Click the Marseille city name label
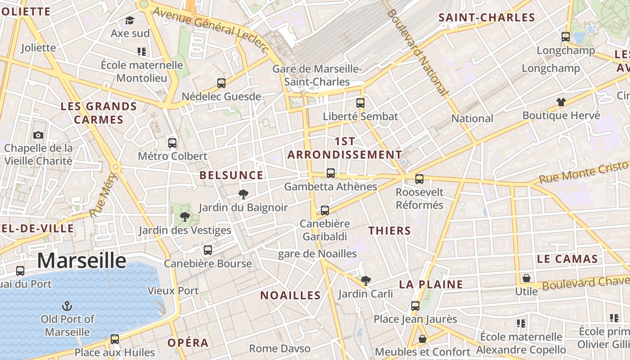[x=81, y=261]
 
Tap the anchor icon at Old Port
[x=67, y=306]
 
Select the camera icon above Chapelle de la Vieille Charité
[x=38, y=135]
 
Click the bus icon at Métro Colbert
[x=172, y=143]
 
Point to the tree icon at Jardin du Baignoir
[x=243, y=194]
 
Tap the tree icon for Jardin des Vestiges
[x=184, y=217]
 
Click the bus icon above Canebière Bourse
[x=207, y=250]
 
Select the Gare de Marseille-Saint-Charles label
[x=317, y=75]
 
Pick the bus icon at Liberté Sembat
[x=360, y=103]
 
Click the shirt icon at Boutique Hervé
[x=561, y=102]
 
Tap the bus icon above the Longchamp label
[x=566, y=37]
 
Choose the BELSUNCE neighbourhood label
[x=231, y=175]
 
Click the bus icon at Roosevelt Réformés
[x=419, y=179]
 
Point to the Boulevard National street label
[x=418, y=52]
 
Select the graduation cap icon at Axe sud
[x=130, y=21]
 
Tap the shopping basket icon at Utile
[x=526, y=278]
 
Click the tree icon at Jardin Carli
[x=366, y=281]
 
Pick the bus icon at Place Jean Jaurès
[x=415, y=306]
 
